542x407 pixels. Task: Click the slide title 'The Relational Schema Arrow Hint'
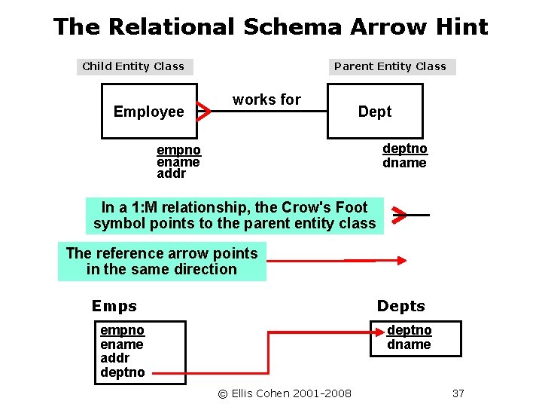pyautogui.click(x=271, y=28)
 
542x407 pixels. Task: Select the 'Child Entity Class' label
pyautogui.click(x=133, y=66)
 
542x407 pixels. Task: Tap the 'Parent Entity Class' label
pyautogui.click(x=390, y=66)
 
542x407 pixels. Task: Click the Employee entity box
pyautogui.click(x=148, y=112)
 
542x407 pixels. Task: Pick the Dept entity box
pyautogui.click(x=375, y=112)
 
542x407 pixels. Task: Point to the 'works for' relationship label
pyautogui.click(x=266, y=99)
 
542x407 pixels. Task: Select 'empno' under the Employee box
pyautogui.click(x=178, y=150)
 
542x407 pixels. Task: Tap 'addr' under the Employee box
pyautogui.click(x=171, y=174)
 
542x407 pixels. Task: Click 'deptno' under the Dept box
pyautogui.click(x=405, y=148)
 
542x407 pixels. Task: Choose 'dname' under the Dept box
pyautogui.click(x=404, y=163)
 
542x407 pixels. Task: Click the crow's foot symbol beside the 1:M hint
pyautogui.click(x=400, y=215)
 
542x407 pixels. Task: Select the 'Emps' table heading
pyautogui.click(x=114, y=306)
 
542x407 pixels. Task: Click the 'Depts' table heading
pyautogui.click(x=400, y=306)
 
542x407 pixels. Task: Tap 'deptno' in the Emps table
pyautogui.click(x=123, y=372)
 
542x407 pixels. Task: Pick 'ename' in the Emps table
pyautogui.click(x=122, y=344)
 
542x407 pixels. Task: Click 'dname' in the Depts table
pyautogui.click(x=409, y=344)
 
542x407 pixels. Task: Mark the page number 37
pyautogui.click(x=458, y=393)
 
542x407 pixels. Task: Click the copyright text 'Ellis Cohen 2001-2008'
pyautogui.click(x=285, y=393)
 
